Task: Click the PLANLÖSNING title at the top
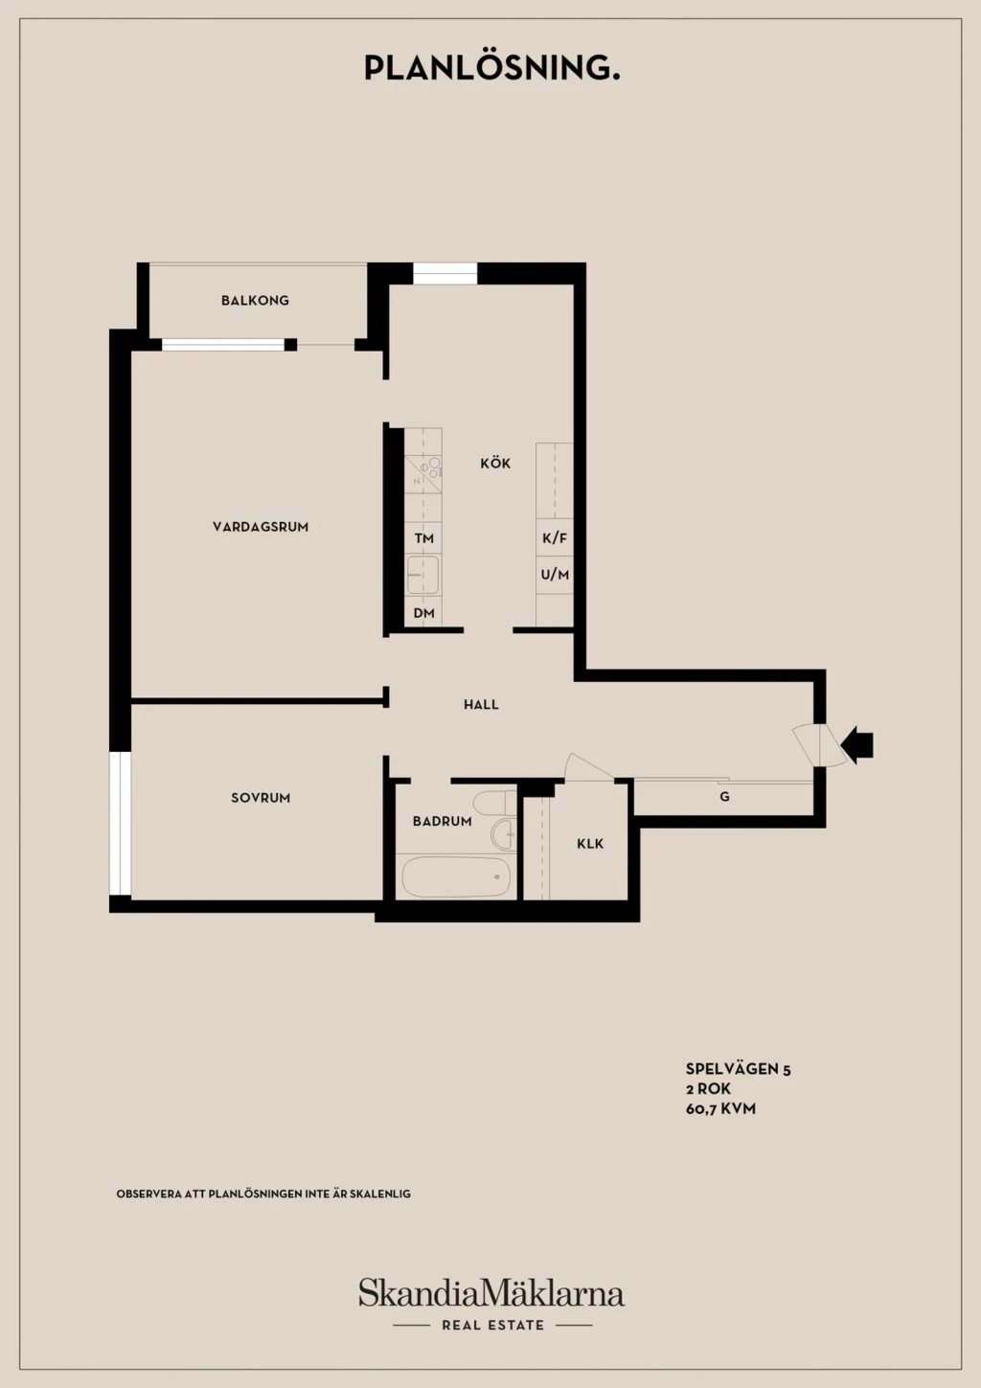point(491,68)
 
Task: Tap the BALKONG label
point(256,301)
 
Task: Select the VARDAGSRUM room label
point(261,527)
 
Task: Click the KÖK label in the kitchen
point(495,463)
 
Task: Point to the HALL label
point(481,704)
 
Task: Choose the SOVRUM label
point(261,798)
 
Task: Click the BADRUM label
point(442,821)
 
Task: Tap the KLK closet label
point(589,844)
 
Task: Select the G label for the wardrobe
point(724,797)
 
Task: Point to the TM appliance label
point(423,538)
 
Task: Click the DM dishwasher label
point(423,613)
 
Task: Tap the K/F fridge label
point(555,538)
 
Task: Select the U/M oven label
point(555,575)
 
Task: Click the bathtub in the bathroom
point(456,876)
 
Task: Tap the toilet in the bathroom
point(494,803)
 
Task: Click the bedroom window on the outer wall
point(120,824)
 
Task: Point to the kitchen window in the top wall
point(445,273)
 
